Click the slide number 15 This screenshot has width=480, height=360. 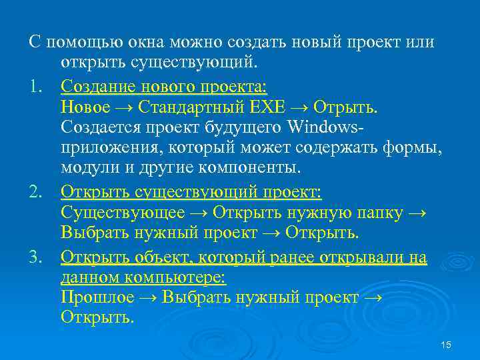point(446,345)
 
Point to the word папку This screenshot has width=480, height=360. point(376,213)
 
